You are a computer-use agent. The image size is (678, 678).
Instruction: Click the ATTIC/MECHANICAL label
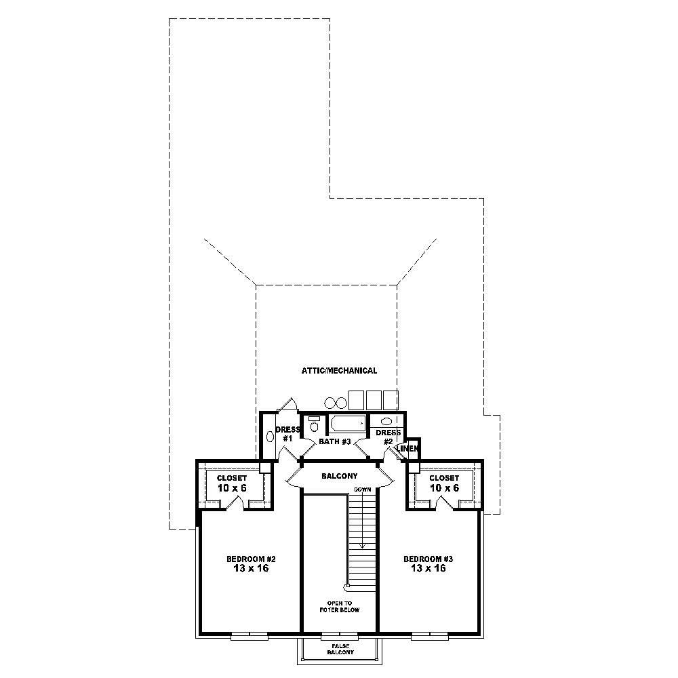tap(339, 371)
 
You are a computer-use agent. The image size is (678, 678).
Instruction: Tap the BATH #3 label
tap(334, 442)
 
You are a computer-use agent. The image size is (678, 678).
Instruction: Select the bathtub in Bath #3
tap(348, 425)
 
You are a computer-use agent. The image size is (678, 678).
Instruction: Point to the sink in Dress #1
tap(271, 436)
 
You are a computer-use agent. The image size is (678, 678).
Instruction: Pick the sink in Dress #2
tap(386, 421)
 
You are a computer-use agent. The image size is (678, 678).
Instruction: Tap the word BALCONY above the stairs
tap(340, 476)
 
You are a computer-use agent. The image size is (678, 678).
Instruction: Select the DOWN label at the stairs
tap(362, 489)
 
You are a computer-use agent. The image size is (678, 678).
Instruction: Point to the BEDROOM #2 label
tap(250, 559)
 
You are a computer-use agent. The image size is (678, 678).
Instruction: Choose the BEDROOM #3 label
tap(428, 559)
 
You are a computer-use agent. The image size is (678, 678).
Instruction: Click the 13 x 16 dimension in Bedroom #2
tap(250, 569)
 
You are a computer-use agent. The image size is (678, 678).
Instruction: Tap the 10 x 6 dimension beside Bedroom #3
tap(443, 488)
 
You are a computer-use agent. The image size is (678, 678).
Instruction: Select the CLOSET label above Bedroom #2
tap(232, 478)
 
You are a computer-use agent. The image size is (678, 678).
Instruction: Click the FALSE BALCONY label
tap(340, 649)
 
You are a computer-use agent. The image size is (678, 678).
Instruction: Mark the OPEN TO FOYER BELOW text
tap(340, 606)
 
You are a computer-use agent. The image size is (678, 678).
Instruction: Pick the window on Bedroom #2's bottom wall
tap(250, 636)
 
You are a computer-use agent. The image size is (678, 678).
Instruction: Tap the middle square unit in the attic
tap(374, 399)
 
